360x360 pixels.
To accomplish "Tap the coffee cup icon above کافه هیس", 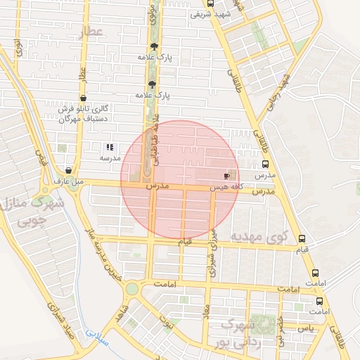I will pyautogui.click(x=226, y=176).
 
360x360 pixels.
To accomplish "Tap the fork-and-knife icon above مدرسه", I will pyautogui.click(x=109, y=148).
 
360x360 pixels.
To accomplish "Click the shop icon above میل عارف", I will pyautogui.click(x=68, y=170).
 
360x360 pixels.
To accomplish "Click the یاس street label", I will pyautogui.click(x=304, y=328).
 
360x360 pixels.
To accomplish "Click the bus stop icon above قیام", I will pyautogui.click(x=302, y=239).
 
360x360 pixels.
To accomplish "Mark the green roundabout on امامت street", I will pyautogui.click(x=131, y=289).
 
